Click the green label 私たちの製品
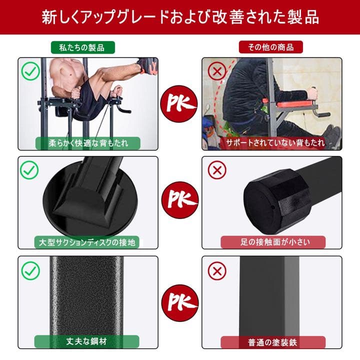coord(83,47)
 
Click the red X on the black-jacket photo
coord(217,71)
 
